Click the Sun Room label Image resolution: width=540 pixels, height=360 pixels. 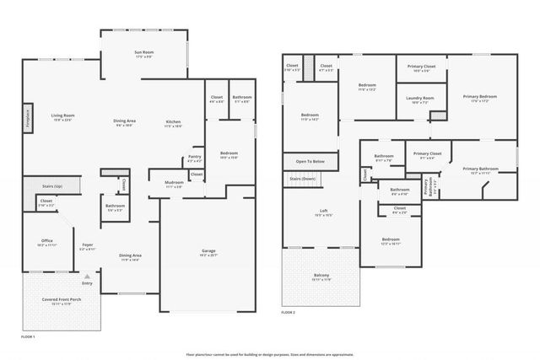tap(143, 53)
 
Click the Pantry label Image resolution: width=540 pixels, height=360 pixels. tap(194, 156)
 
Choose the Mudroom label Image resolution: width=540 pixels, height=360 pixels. tap(175, 183)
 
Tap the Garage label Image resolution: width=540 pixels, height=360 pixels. tap(208, 250)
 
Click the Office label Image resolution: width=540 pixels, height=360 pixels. tap(46, 240)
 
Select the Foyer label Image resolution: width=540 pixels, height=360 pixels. tap(86, 245)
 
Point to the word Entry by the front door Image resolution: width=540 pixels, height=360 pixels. tap(88, 282)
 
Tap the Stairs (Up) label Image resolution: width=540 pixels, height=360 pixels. tap(41, 185)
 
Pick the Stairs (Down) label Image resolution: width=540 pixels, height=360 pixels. tap(302, 179)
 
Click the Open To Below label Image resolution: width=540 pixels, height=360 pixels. tap(308, 160)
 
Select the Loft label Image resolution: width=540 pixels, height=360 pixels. tap(323, 211)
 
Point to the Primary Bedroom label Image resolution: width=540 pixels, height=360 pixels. tap(479, 97)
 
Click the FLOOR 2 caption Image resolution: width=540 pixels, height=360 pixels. tap(288, 312)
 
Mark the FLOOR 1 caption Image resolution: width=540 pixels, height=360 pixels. tap(28, 336)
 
